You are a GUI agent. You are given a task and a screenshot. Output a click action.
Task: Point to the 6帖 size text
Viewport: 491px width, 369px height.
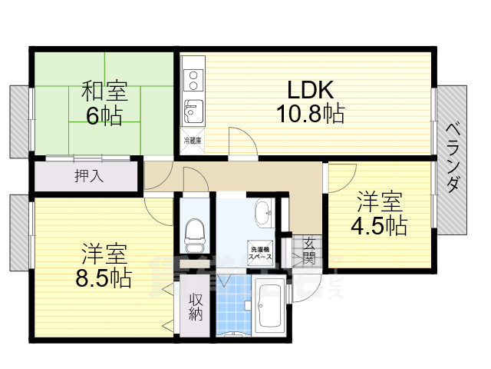[105, 118]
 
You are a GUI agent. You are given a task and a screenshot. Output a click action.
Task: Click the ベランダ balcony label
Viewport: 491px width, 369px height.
[453, 158]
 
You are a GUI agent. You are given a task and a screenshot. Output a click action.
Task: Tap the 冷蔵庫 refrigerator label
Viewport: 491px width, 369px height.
[193, 141]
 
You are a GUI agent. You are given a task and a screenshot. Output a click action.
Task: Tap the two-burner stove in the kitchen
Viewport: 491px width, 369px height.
[193, 79]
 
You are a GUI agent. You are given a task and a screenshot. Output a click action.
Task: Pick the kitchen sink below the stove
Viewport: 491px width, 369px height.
[193, 111]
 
